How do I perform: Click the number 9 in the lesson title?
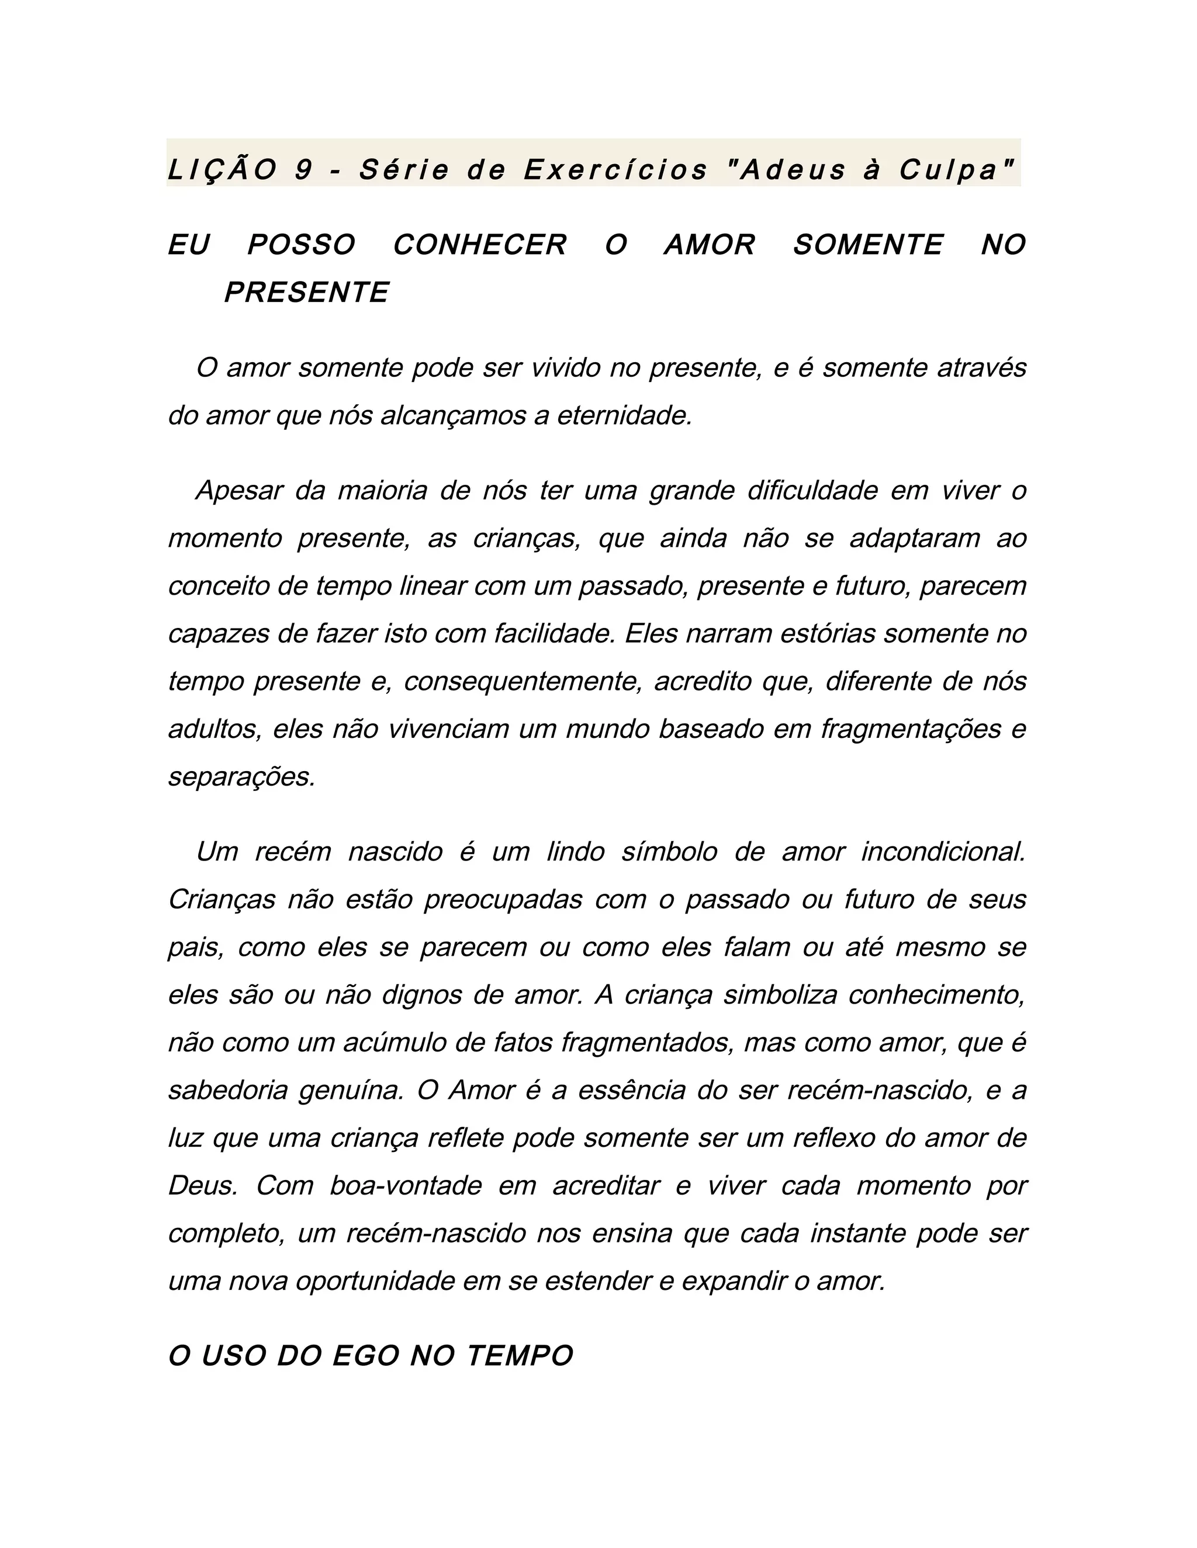[303, 170]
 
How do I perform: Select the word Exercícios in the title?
[615, 170]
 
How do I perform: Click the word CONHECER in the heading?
[480, 245]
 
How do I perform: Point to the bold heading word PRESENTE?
[306, 293]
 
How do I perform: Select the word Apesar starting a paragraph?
[239, 491]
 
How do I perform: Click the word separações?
[242, 777]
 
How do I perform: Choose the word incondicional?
[943, 852]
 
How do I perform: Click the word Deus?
[202, 1186]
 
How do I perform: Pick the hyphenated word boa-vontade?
[406, 1186]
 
